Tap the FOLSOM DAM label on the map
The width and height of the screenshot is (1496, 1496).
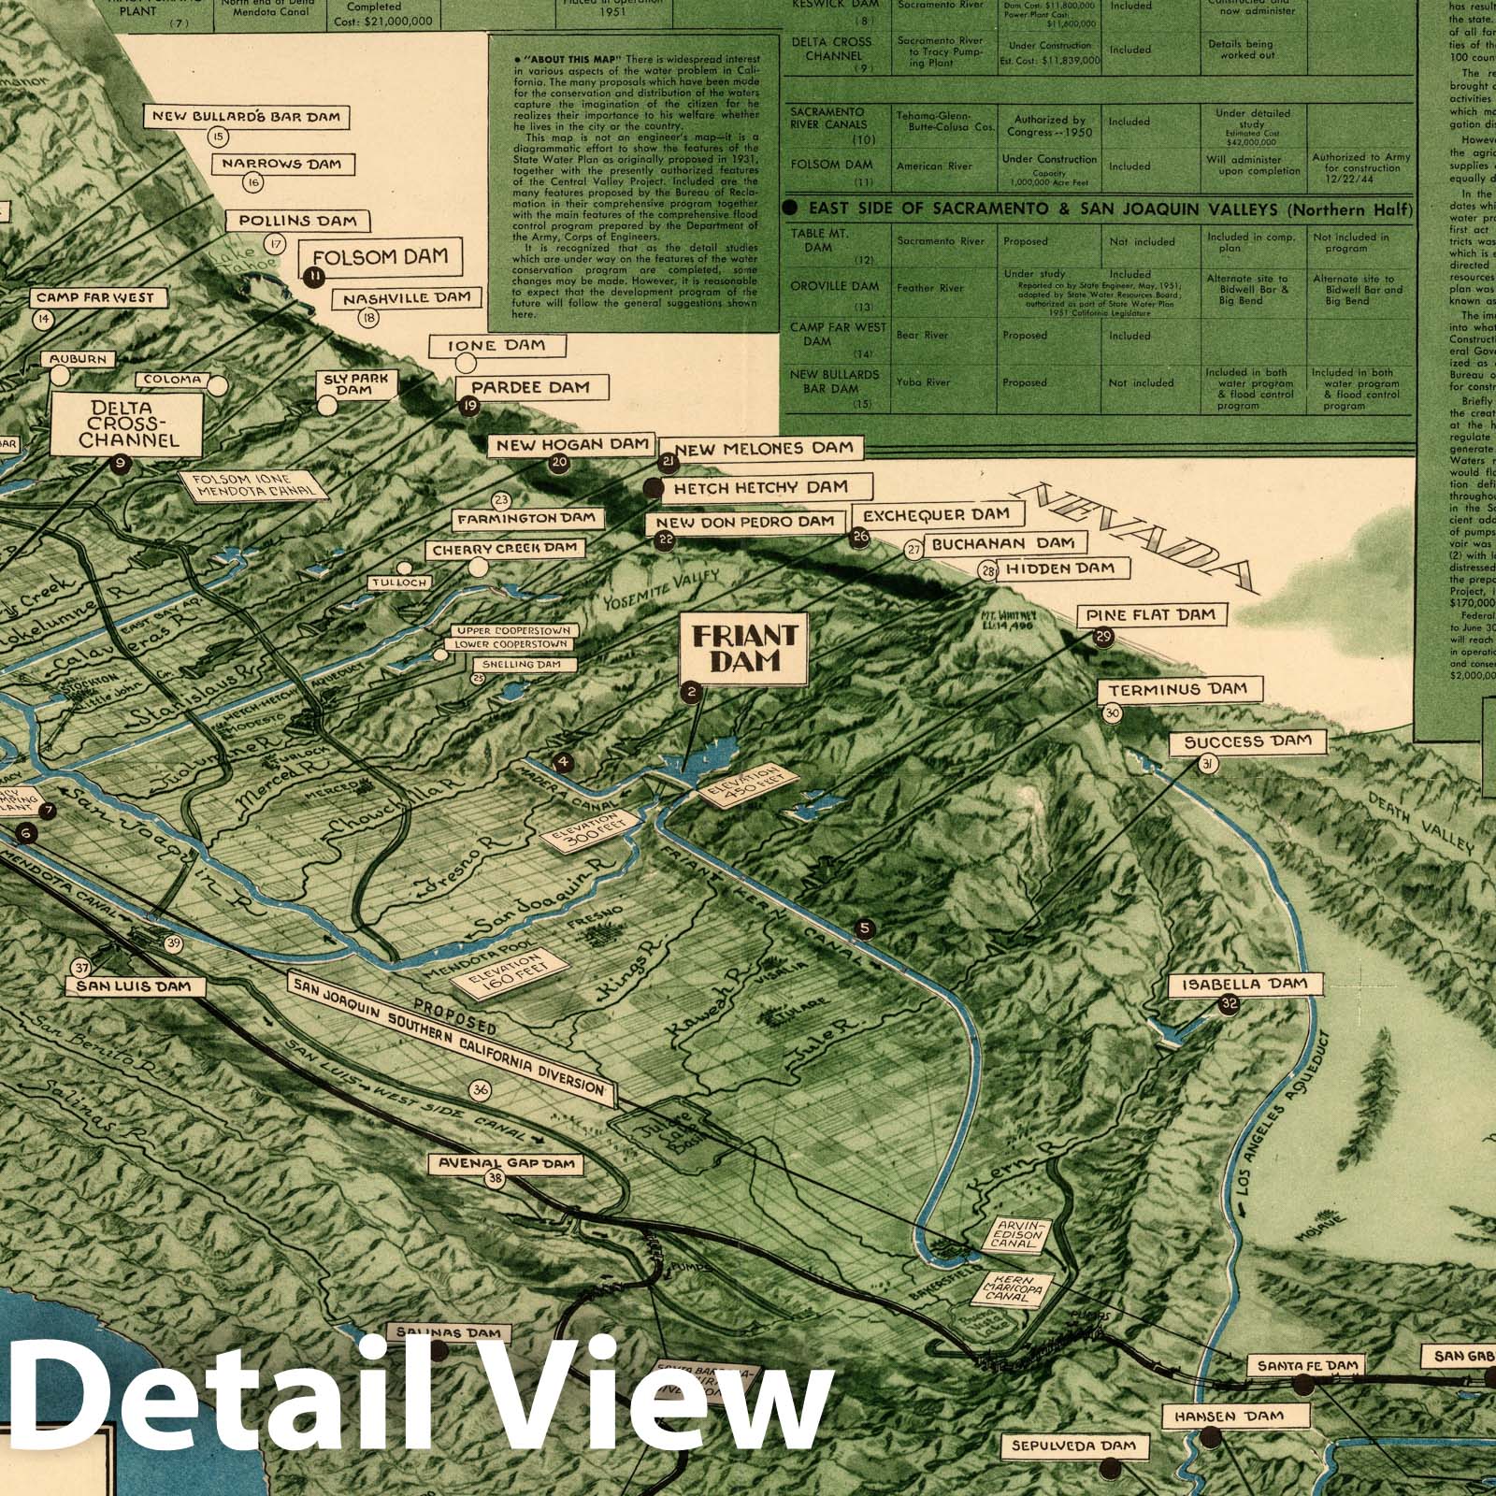tap(380, 255)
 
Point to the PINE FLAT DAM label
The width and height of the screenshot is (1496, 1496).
tap(1150, 615)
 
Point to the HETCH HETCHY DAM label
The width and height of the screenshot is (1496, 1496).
tap(760, 487)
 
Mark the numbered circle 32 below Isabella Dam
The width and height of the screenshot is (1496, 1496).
tap(1229, 1005)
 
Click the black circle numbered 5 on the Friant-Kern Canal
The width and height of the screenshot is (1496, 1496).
tap(865, 928)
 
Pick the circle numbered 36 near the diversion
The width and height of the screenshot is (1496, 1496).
tap(482, 1090)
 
